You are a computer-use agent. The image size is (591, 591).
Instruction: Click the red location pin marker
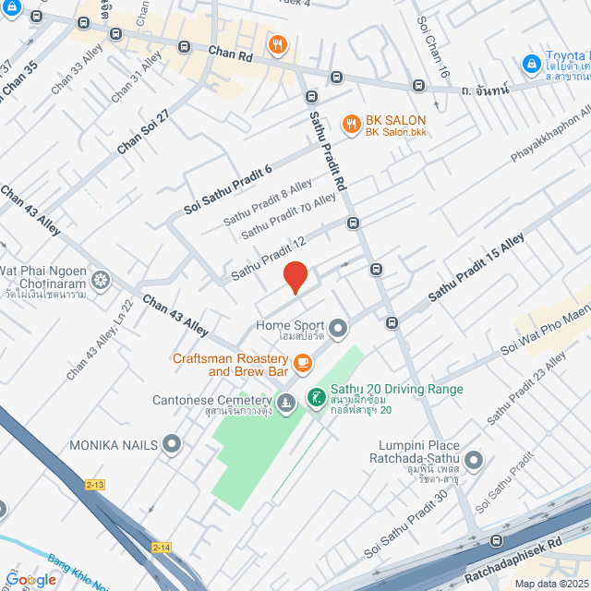tap(295, 277)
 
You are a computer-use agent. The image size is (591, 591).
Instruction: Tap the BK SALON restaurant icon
tap(351, 123)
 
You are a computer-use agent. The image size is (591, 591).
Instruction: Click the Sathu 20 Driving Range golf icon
tap(316, 397)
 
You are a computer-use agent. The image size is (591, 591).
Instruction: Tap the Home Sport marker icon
tap(338, 327)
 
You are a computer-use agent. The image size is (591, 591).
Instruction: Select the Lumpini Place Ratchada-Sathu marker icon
tap(474, 459)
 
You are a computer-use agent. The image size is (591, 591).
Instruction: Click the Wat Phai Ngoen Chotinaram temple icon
tap(100, 279)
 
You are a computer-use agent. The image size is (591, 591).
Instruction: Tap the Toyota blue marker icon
tap(531, 64)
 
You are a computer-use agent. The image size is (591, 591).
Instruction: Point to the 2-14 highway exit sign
tap(162, 549)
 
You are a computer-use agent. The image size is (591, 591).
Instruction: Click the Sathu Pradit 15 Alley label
tap(475, 267)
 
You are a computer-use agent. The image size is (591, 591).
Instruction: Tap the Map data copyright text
tap(551, 584)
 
